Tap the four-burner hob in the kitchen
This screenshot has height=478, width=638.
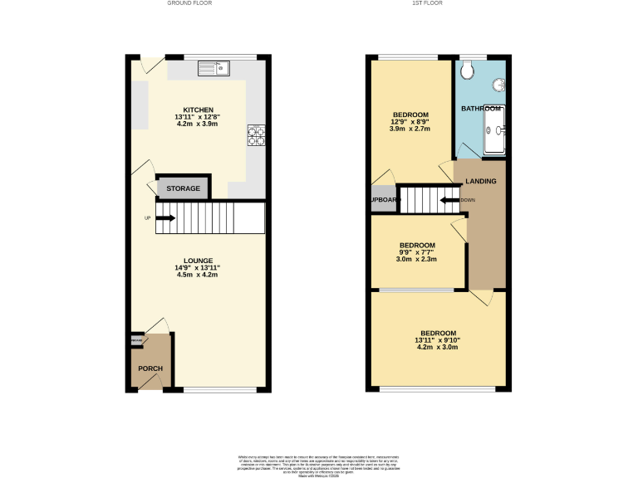pyautogui.click(x=256, y=134)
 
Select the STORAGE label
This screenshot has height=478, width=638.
pyautogui.click(x=183, y=189)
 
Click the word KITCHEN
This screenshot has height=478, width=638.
pyautogui.click(x=199, y=110)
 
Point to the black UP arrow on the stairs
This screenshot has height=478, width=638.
pyautogui.click(x=164, y=218)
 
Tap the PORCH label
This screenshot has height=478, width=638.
pyautogui.click(x=150, y=368)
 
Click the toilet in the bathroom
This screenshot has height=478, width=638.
pyautogui.click(x=468, y=71)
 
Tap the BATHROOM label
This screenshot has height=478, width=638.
pyautogui.click(x=481, y=109)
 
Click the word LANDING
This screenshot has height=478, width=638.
pyautogui.click(x=481, y=181)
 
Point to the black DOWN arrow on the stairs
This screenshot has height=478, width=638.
pyautogui.click(x=450, y=200)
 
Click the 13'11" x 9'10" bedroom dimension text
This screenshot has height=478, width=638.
pyautogui.click(x=437, y=339)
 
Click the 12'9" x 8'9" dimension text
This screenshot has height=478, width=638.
pyautogui.click(x=410, y=122)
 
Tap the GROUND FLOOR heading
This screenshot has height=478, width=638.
pyautogui.click(x=189, y=3)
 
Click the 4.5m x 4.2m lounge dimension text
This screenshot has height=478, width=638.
pyautogui.click(x=197, y=275)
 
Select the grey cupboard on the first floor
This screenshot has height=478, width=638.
pyautogui.click(x=384, y=200)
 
